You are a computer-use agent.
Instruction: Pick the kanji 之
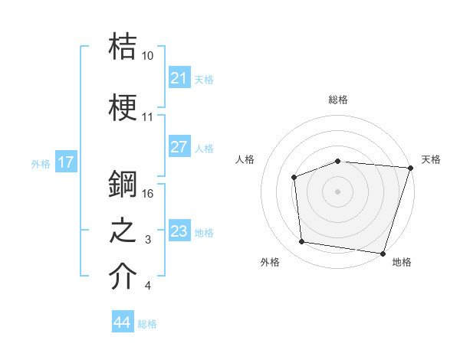(x=123, y=231)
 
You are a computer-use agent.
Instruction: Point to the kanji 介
(x=123, y=277)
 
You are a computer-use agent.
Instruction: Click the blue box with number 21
(x=179, y=78)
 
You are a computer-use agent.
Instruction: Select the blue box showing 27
(x=179, y=148)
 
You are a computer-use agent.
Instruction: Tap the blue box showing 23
(x=179, y=231)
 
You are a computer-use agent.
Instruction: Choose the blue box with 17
(x=66, y=162)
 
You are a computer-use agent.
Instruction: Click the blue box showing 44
(x=123, y=323)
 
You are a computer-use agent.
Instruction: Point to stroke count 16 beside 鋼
(x=149, y=194)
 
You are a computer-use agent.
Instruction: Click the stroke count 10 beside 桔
(x=148, y=55)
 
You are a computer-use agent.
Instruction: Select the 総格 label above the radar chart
(x=338, y=100)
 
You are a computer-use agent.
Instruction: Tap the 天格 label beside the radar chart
(x=432, y=159)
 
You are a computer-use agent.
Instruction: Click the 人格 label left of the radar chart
(x=245, y=159)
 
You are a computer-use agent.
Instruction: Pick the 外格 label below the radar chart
(x=270, y=262)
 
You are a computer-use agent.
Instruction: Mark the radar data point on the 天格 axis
(x=410, y=168)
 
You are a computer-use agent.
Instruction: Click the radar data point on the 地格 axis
(x=383, y=253)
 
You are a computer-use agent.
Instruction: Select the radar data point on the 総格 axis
(x=338, y=161)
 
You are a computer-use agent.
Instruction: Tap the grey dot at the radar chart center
(x=338, y=191)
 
